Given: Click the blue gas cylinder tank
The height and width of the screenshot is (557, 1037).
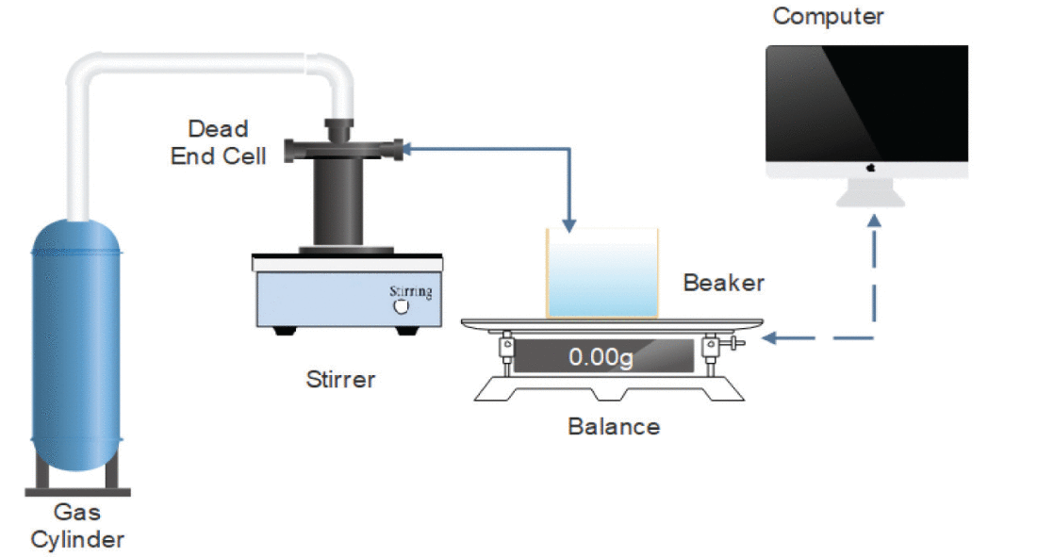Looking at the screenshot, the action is click(76, 345).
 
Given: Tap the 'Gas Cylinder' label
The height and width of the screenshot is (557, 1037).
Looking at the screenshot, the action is click(77, 526).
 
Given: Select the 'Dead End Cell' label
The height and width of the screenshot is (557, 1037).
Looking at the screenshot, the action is click(219, 142).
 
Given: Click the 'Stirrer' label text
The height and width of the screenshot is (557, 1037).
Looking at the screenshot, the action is click(340, 380).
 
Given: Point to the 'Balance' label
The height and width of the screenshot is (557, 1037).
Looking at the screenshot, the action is click(614, 427).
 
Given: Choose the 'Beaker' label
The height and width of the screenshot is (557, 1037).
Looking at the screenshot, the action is click(723, 283).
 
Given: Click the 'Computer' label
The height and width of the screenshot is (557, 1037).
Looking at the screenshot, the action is click(828, 16).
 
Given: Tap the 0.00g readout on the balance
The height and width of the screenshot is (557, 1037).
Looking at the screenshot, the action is click(601, 357).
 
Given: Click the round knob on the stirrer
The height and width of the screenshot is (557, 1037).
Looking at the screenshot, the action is click(401, 307).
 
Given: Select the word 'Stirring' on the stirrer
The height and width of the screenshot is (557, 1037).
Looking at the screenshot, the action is click(411, 292).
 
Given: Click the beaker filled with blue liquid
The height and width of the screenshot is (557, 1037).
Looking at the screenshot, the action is click(601, 273).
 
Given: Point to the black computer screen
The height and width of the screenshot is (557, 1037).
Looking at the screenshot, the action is click(867, 103).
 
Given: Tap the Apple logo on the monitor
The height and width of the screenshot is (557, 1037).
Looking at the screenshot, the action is click(870, 169).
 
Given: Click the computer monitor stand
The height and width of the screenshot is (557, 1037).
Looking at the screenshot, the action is click(870, 192).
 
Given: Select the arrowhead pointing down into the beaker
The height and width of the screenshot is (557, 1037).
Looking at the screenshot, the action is click(568, 226).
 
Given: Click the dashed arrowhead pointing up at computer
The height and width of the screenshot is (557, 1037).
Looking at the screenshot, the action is click(874, 221).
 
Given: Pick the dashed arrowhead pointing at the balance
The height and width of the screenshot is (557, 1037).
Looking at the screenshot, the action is click(768, 338).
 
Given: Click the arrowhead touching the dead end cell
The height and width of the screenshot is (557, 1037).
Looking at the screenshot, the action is click(407, 149).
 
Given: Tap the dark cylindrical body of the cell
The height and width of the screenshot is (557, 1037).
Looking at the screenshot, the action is click(337, 202).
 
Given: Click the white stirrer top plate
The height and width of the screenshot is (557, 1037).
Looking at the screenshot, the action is click(347, 263).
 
